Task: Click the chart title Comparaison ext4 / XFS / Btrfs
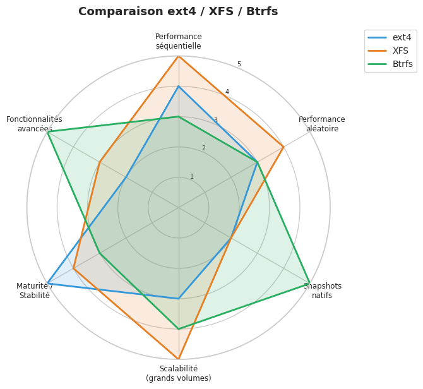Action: pos(178,11)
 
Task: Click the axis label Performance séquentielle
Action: pos(179,41)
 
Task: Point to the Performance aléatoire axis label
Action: pos(322,124)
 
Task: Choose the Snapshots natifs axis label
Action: pos(322,290)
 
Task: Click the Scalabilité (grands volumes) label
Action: pos(179,373)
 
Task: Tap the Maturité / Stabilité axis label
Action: pos(34,290)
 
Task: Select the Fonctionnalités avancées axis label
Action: pos(34,124)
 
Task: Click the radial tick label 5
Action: pos(239,64)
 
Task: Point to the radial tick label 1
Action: pos(192,177)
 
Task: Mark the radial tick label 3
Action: pos(215,121)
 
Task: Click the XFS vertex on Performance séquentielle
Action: pos(179,56)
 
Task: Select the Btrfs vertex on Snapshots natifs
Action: pos(310,284)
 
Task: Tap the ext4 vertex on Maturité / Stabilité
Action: pos(47,284)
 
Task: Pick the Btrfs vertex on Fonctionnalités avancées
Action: pos(47,132)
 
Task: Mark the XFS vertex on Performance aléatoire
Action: pos(283,147)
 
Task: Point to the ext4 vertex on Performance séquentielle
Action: pos(179,87)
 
